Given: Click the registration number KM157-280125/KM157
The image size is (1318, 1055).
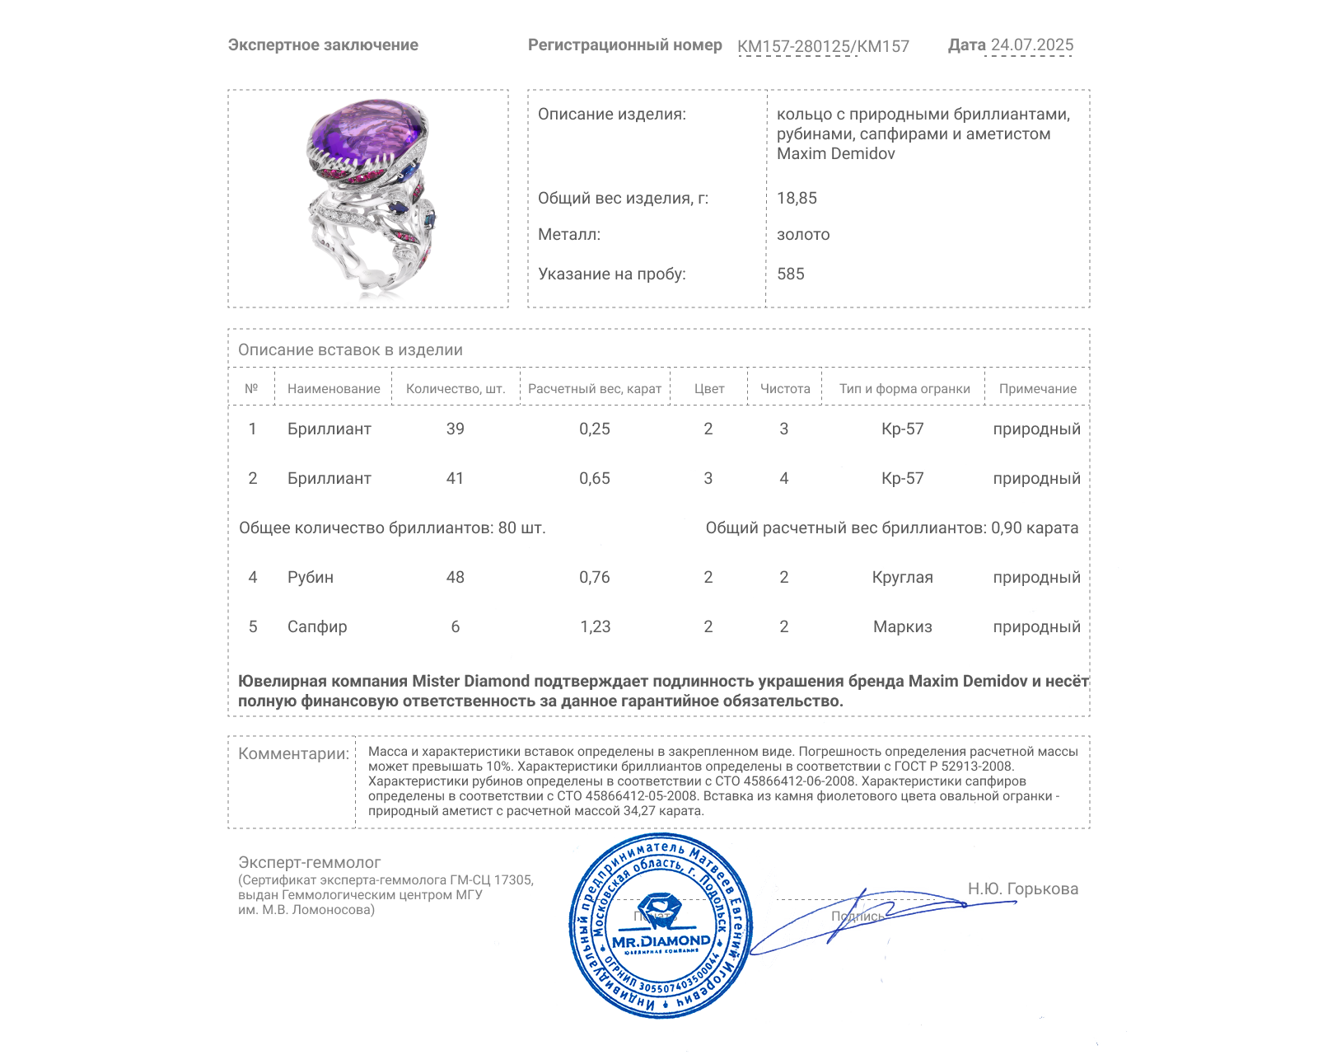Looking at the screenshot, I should [823, 47].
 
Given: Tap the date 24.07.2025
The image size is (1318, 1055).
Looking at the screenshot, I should [1031, 45].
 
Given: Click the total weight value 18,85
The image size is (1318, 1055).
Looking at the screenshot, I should [797, 199].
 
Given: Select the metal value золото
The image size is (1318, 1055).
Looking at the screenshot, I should [803, 235].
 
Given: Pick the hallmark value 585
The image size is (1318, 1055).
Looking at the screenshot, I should [790, 274].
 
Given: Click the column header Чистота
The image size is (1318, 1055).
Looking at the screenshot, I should [785, 389].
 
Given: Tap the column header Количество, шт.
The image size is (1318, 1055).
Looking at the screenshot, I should [456, 389].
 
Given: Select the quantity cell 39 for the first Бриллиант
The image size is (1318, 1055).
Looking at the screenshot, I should [456, 429].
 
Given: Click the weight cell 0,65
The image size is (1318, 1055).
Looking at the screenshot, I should [595, 479].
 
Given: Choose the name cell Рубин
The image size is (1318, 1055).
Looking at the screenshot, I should [311, 578].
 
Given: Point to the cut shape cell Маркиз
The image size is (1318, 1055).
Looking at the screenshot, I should [903, 627].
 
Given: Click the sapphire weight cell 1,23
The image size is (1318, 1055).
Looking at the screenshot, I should [595, 627].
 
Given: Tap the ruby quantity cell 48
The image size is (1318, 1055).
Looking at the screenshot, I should [456, 578].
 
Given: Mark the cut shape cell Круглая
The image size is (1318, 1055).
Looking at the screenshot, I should [903, 578].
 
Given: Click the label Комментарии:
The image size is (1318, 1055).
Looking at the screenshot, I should [293, 754].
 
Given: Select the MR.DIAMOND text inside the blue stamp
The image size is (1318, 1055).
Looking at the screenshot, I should [661, 941].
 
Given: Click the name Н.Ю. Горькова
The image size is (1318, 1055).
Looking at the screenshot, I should [1023, 889].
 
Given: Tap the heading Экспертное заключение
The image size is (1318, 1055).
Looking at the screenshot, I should [323, 45].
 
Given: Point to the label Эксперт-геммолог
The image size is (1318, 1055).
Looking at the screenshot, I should [310, 863].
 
